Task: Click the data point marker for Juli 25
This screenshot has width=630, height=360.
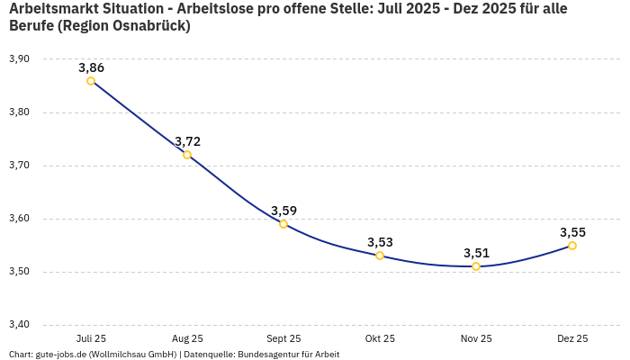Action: click(91, 81)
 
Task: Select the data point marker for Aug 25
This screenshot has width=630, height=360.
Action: click(187, 155)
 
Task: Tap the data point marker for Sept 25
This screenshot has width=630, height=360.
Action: click(283, 224)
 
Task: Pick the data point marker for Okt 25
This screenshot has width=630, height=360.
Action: click(380, 256)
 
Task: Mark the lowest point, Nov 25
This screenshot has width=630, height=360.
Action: click(476, 266)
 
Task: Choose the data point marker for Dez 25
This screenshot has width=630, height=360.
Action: click(572, 246)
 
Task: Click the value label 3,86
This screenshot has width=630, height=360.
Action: click(91, 67)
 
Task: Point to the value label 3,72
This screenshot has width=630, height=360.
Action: click(187, 141)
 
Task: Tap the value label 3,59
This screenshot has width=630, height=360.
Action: click(283, 211)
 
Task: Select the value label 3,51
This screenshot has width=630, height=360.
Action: click(476, 253)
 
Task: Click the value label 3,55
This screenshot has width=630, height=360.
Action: click(572, 232)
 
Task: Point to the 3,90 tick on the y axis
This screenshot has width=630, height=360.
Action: click(19, 59)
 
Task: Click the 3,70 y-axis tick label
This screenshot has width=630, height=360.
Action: click(19, 166)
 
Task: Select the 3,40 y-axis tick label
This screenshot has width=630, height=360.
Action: click(19, 325)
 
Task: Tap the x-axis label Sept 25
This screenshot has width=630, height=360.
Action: click(283, 338)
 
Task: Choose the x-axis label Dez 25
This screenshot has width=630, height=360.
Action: click(572, 338)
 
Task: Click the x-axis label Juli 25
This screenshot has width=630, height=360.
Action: click(91, 338)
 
